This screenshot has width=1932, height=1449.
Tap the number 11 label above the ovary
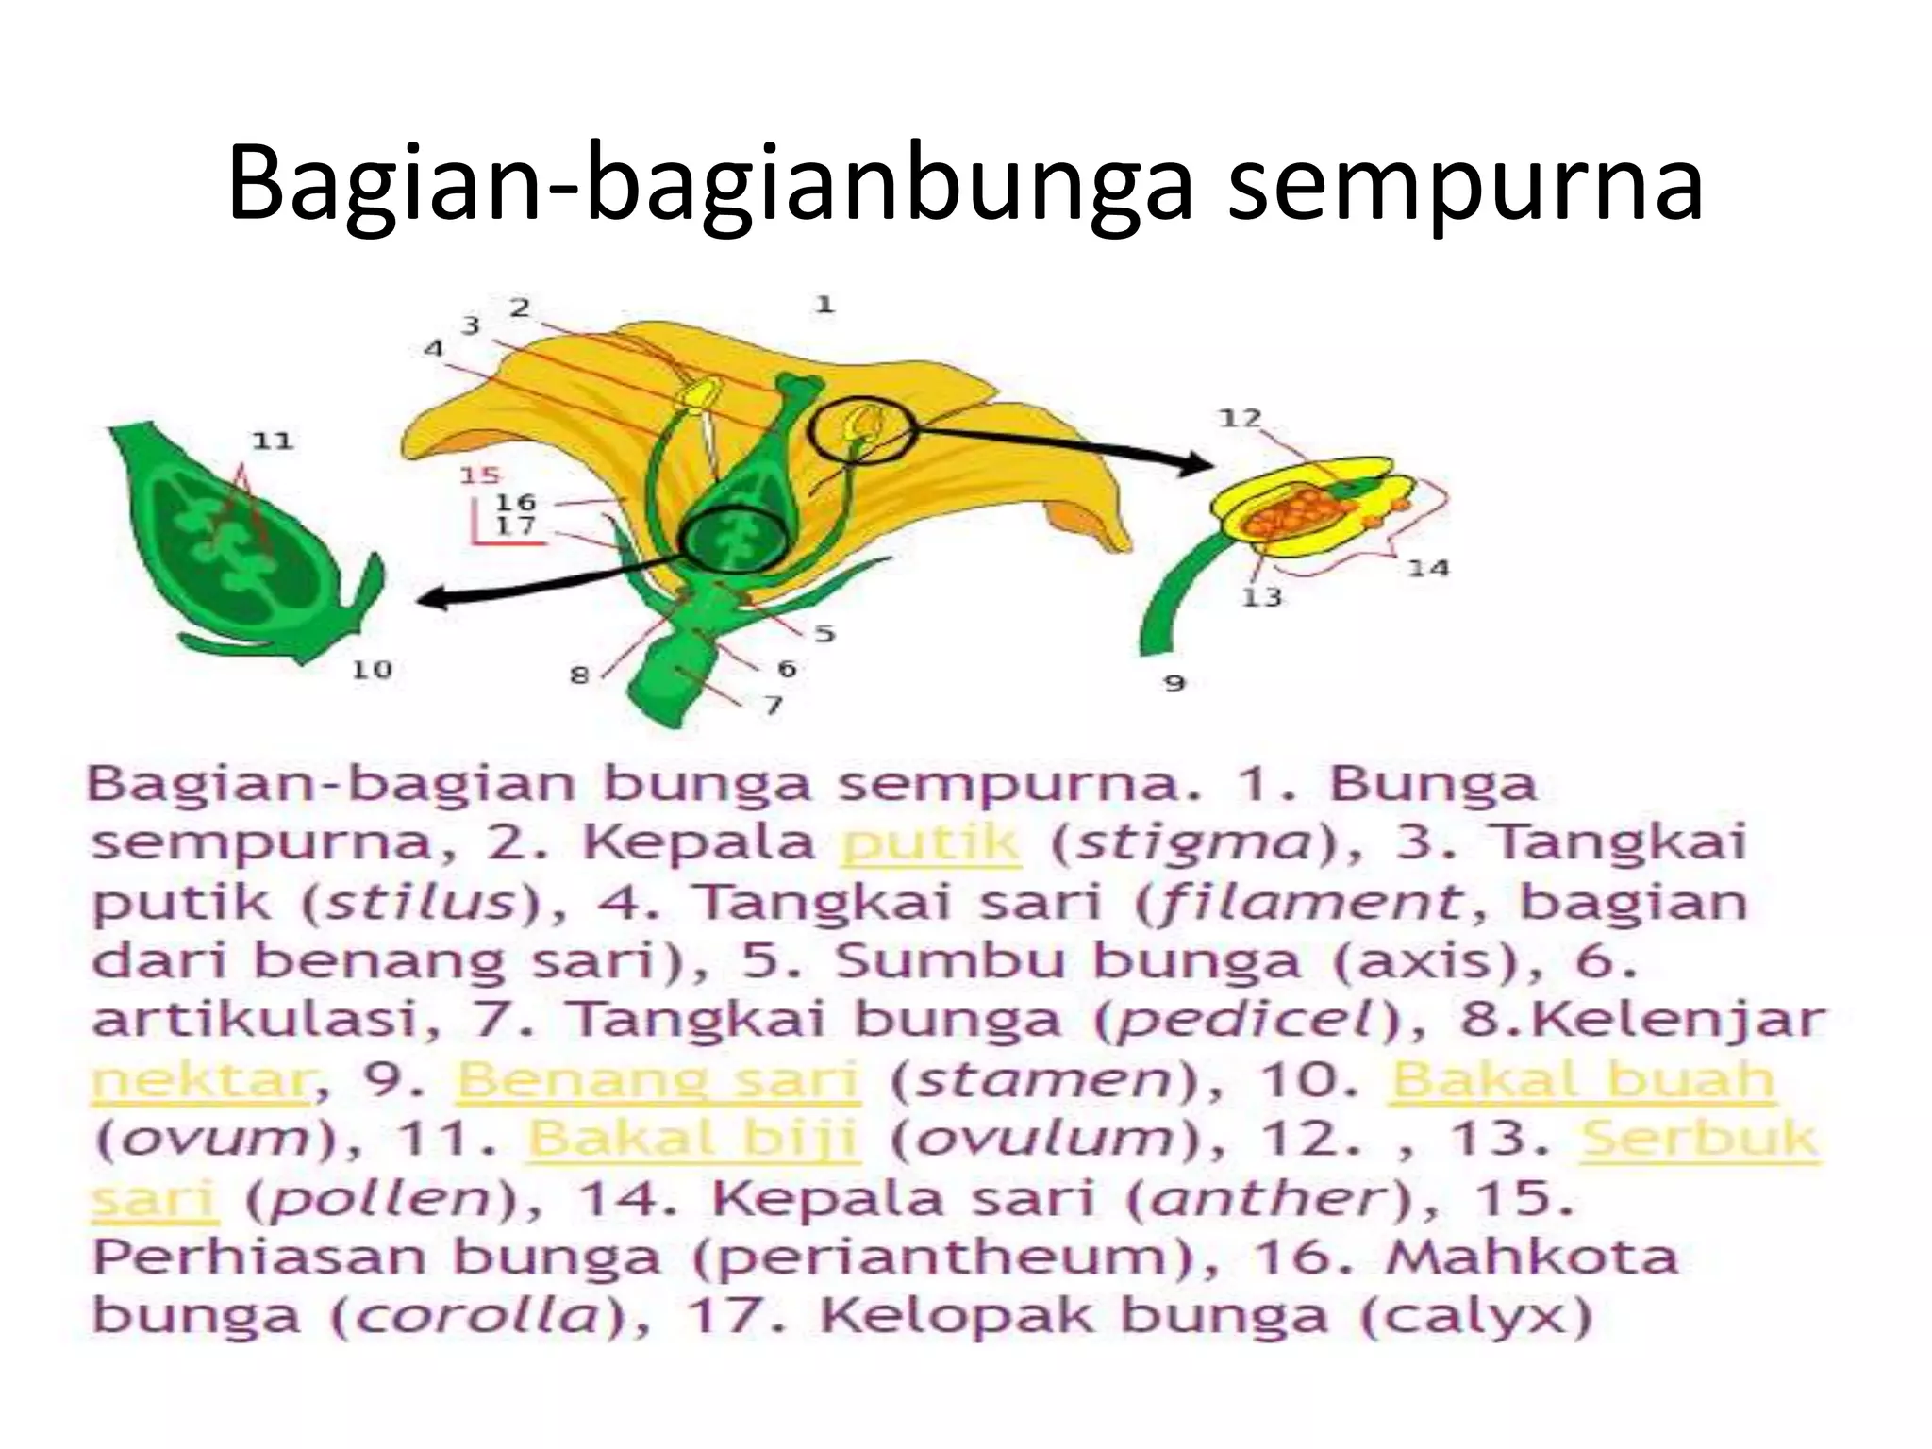(x=273, y=441)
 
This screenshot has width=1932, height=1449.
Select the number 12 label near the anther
(x=1240, y=417)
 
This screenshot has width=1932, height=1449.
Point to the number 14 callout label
(x=1428, y=568)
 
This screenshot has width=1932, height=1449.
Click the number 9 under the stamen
(x=1174, y=682)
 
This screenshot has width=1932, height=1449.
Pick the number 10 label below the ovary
(x=372, y=670)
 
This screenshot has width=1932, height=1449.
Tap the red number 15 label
(x=479, y=475)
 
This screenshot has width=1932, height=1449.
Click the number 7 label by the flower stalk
(x=774, y=705)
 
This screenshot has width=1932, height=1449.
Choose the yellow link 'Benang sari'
(x=658, y=1080)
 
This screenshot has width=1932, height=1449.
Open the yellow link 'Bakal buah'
(x=1582, y=1080)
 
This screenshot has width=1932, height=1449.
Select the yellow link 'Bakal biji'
(x=691, y=1139)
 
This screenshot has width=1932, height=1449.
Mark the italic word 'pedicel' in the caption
(x=1241, y=1021)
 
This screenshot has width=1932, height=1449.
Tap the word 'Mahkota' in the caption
(x=1532, y=1257)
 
